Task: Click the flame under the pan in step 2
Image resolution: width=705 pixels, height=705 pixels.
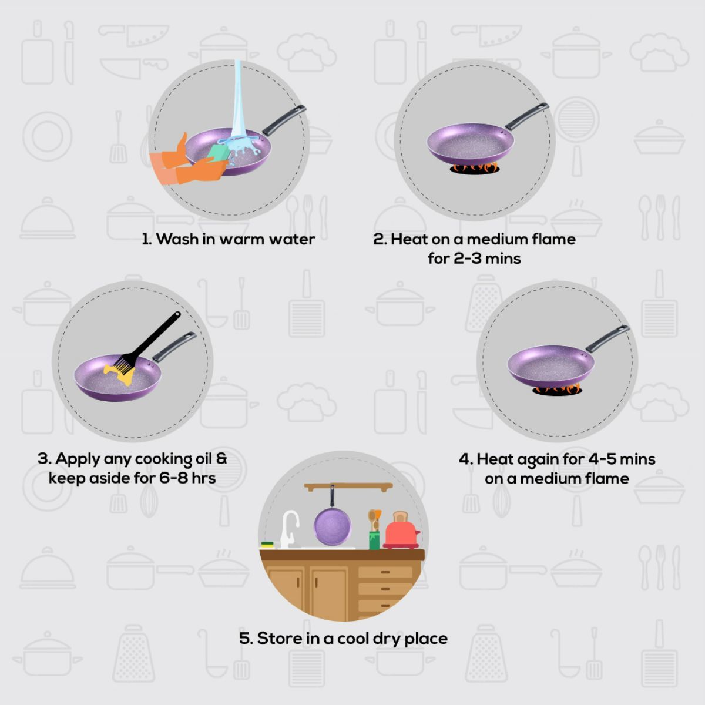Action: click(475, 168)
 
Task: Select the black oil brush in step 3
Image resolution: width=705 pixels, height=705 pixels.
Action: click(150, 343)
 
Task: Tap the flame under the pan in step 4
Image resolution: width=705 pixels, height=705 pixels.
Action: click(557, 390)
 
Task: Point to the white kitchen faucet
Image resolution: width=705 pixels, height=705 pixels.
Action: click(290, 529)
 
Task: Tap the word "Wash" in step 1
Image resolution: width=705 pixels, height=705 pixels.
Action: click(177, 239)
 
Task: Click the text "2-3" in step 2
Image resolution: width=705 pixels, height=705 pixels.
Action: click(467, 258)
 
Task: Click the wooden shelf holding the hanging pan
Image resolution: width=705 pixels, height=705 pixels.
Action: click(348, 487)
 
